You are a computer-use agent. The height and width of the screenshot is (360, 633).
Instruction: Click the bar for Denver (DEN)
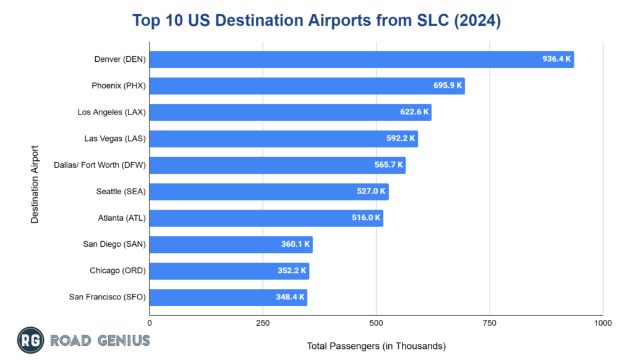point(362,59)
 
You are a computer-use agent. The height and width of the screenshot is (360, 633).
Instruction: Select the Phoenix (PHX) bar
point(307,86)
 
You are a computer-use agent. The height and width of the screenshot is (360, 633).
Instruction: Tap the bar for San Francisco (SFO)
point(228,298)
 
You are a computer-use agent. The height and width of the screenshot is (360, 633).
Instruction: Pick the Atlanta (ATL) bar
point(266,218)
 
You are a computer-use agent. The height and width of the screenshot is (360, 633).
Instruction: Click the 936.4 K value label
point(556,59)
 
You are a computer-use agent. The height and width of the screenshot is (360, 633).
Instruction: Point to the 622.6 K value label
point(413,113)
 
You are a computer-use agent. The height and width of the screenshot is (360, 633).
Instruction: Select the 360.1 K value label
point(294,244)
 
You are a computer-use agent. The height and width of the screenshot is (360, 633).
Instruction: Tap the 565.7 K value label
point(388,165)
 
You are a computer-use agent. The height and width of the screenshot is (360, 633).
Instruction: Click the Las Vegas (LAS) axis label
point(115,139)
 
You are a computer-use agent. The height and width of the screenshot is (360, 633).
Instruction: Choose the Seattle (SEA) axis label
point(121,192)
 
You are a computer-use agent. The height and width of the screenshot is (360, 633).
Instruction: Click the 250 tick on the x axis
point(263,323)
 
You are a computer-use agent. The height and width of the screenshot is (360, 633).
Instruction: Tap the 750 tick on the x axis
point(490,323)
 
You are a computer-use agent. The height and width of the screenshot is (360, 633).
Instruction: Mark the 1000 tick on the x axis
point(602,323)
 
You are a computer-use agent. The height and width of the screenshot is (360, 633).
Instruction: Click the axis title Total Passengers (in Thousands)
point(376,346)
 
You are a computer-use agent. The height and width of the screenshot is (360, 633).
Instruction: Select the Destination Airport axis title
point(35,184)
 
